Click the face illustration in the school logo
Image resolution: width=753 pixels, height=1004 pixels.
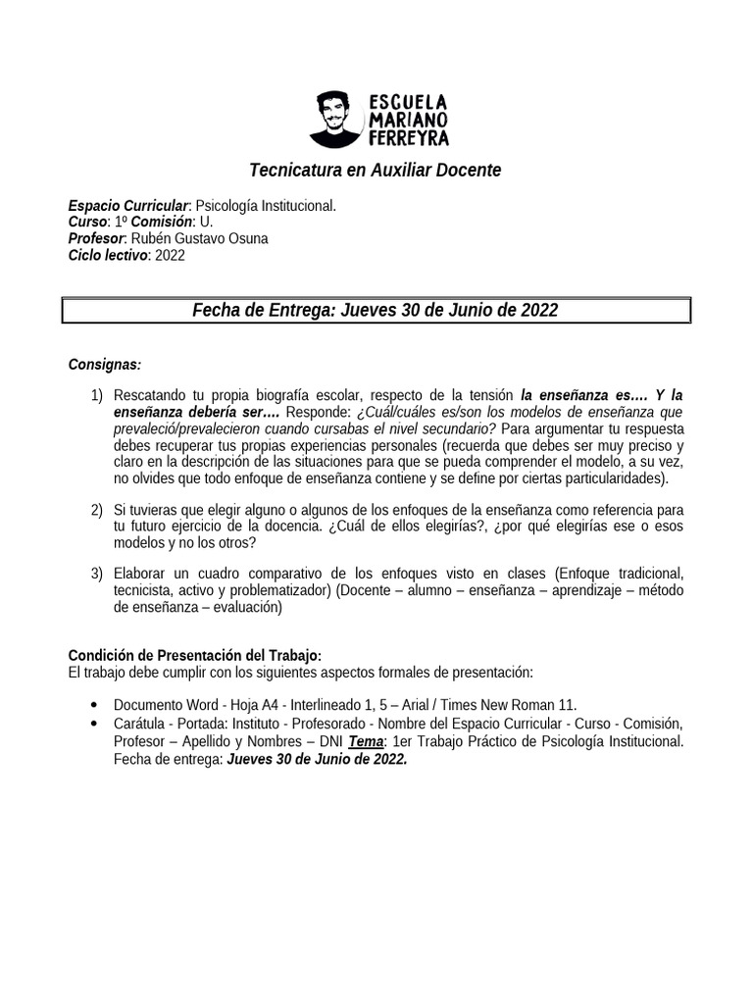point(335,118)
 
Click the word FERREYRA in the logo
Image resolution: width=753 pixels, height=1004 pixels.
point(409,137)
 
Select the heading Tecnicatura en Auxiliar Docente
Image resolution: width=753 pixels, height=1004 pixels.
point(376,171)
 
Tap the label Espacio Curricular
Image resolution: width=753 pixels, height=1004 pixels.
point(127,206)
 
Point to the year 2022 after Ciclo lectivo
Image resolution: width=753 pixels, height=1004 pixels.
point(170,256)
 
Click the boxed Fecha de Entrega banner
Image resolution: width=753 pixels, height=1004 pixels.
point(376,311)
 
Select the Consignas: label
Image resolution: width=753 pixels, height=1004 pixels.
point(104,365)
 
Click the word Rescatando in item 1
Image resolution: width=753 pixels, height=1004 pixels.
point(150,395)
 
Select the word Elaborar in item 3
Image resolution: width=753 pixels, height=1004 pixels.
point(143,573)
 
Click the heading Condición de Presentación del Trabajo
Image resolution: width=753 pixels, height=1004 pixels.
point(194,655)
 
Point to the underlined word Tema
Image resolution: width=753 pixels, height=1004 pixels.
point(368,741)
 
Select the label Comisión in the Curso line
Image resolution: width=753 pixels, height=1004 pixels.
point(160,223)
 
